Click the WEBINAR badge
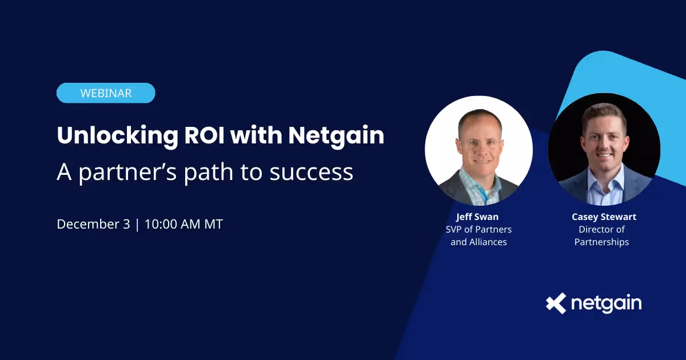click(106, 93)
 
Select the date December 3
click(93, 224)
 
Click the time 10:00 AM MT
click(184, 224)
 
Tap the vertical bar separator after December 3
click(137, 224)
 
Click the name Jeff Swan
click(477, 217)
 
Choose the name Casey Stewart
click(604, 217)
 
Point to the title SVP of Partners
click(478, 229)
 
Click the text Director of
click(601, 229)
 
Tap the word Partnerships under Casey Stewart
click(601, 242)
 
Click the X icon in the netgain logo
click(556, 303)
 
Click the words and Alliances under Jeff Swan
click(478, 242)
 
